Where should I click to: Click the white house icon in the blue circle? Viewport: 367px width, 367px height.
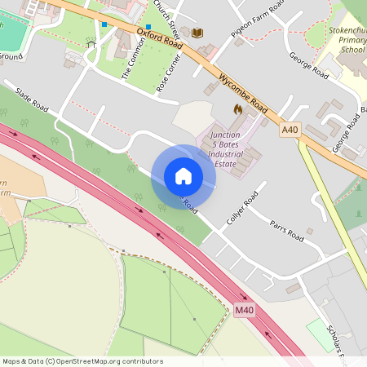point(183,176)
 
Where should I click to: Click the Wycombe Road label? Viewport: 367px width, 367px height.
point(244,93)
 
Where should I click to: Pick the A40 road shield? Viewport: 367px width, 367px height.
point(290,130)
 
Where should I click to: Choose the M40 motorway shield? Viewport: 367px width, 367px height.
point(245,311)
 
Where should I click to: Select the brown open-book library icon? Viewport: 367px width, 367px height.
point(197,33)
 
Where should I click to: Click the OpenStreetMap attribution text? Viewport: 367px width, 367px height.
point(82,361)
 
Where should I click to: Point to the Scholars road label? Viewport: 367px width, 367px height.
point(336,343)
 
